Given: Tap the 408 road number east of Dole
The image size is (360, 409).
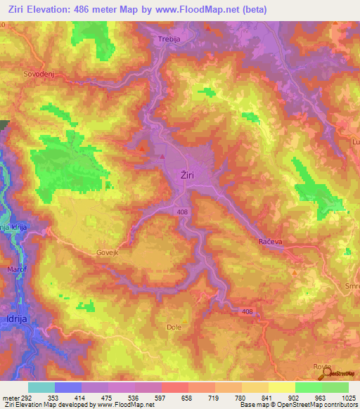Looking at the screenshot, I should tap(246, 311).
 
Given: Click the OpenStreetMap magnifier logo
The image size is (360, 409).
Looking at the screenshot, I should tap(326, 374).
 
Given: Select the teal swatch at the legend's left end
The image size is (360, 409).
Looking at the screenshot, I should tap(41, 387).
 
